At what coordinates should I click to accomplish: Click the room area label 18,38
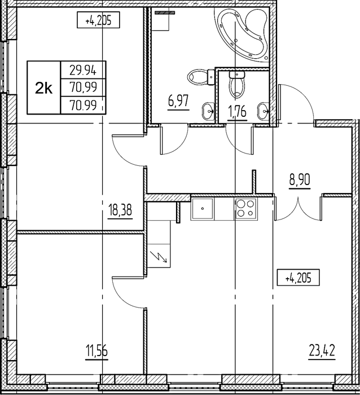[120, 210]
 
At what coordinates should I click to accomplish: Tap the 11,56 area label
[96, 351]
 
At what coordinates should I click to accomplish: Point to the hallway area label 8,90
[300, 179]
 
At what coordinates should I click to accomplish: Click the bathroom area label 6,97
[178, 102]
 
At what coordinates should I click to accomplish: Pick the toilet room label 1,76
[237, 112]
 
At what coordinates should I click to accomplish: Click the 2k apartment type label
[43, 88]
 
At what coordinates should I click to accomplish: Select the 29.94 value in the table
[83, 70]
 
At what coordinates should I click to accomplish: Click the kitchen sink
[202, 209]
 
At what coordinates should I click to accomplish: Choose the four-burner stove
[245, 209]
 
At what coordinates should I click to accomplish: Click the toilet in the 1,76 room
[236, 84]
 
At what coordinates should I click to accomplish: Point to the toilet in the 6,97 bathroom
[201, 77]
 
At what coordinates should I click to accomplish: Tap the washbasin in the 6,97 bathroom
[208, 111]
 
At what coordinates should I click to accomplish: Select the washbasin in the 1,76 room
[264, 111]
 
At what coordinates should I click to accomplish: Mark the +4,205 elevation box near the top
[98, 20]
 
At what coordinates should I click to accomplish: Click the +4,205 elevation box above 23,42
[298, 278]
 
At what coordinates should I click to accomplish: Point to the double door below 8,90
[298, 208]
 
